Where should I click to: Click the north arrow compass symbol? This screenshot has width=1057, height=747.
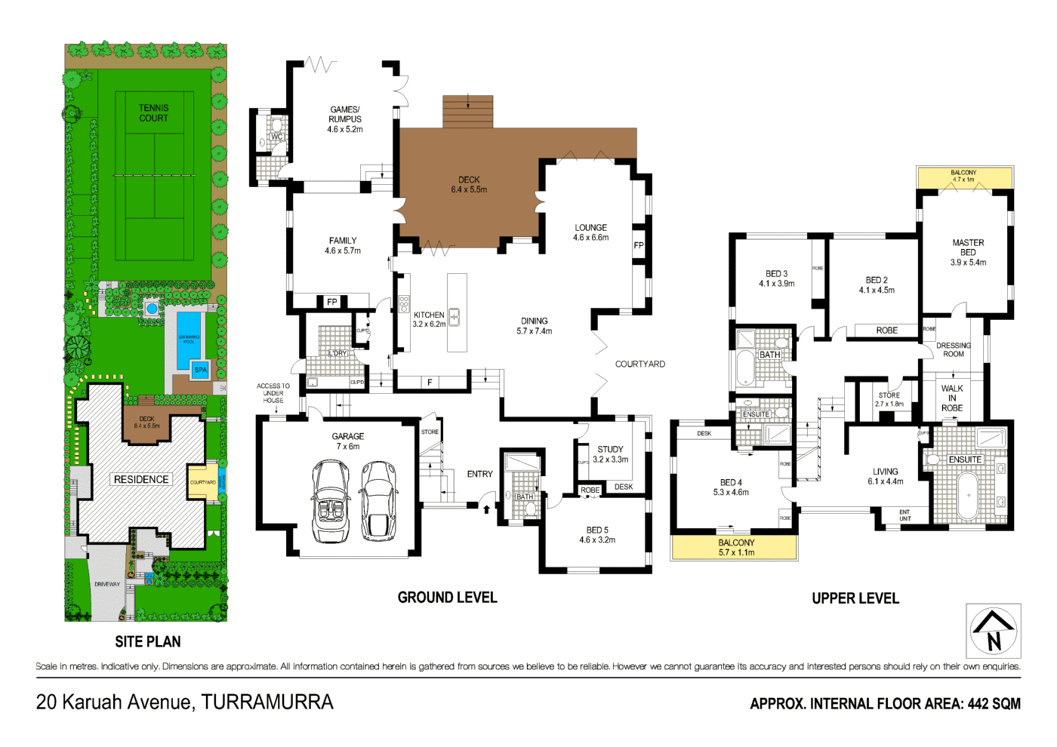994,631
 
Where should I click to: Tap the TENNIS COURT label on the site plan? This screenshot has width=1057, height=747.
153,113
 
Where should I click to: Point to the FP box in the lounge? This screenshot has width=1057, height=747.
639,245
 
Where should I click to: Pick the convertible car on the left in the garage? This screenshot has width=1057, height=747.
330,501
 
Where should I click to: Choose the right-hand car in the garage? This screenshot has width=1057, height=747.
379,501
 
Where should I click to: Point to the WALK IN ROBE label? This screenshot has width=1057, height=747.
952,398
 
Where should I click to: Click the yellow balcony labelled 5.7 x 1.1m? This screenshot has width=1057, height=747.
735,548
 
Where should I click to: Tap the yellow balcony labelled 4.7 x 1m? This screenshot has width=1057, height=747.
964,177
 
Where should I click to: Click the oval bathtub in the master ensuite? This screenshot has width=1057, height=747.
967,496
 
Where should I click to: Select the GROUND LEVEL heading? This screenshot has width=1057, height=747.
447,598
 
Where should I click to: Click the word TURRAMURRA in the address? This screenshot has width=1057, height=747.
267,702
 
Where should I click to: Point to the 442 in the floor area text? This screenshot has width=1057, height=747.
978,704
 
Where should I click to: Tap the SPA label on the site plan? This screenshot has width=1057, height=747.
201,370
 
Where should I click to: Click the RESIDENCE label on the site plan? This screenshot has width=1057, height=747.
141,479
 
